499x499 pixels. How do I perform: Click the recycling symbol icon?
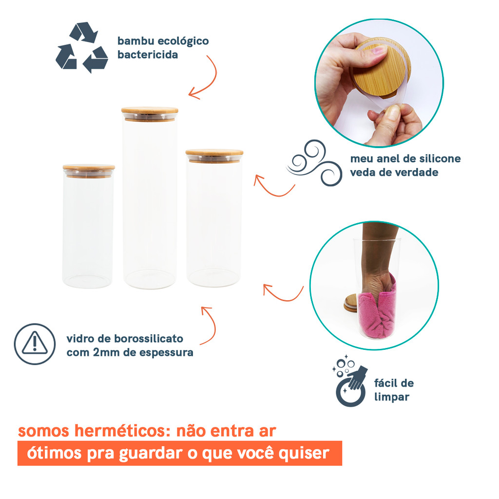(82, 47)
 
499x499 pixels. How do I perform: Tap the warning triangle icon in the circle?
(35, 344)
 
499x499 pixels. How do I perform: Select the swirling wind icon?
(314, 163)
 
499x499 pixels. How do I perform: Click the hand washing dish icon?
(350, 381)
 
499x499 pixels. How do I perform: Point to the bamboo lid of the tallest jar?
(150, 114)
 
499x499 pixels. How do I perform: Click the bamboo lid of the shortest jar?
(89, 170)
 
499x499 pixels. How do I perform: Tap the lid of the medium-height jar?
(214, 155)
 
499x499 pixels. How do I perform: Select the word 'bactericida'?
(148, 55)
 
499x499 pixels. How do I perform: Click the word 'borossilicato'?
(149, 338)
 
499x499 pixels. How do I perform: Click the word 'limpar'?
(392, 397)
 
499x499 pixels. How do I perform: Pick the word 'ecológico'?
(183, 41)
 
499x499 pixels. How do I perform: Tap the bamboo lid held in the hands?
(382, 70)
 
